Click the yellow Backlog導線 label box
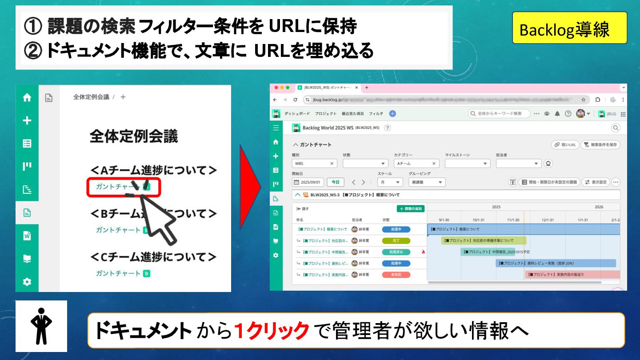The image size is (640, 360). pyautogui.click(x=569, y=28)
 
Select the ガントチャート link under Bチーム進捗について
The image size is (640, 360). pyautogui.click(x=118, y=230)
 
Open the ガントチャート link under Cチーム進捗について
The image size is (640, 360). pyautogui.click(x=118, y=273)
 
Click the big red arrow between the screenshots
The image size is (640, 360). pyautogui.click(x=250, y=187)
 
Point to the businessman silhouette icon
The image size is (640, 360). pyautogui.click(x=41, y=326)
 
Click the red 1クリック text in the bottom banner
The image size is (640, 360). pyautogui.click(x=272, y=330)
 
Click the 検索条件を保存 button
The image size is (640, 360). pyautogui.click(x=600, y=145)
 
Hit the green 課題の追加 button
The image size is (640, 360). pyautogui.click(x=411, y=208)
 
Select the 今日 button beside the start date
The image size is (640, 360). pyautogui.click(x=336, y=182)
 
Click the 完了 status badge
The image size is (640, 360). pyautogui.click(x=396, y=240)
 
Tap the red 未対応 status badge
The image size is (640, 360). pyautogui.click(x=396, y=275)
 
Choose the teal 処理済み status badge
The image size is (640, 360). pyautogui.click(x=396, y=252)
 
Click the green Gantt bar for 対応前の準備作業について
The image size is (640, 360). pyautogui.click(x=484, y=240)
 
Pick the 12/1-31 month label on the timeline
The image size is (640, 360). pyautogui.click(x=548, y=220)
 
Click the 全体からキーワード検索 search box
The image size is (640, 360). pyautogui.click(x=500, y=114)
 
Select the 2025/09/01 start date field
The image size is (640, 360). pyautogui.click(x=308, y=182)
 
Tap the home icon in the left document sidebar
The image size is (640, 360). pyautogui.click(x=27, y=98)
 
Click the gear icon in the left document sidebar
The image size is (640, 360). pyautogui.click(x=27, y=282)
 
